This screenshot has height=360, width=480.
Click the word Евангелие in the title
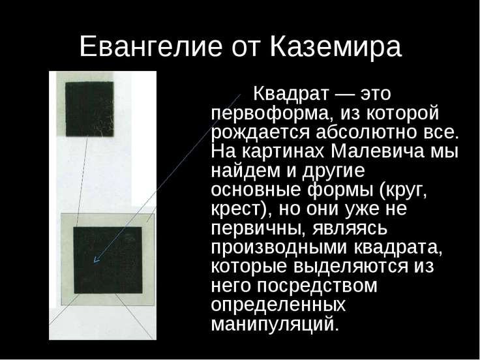(151, 47)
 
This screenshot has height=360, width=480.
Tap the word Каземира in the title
(336, 47)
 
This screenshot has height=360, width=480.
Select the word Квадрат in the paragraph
(291, 93)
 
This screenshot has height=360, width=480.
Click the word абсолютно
(366, 132)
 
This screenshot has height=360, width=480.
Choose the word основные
(256, 190)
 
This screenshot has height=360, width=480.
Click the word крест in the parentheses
(235, 209)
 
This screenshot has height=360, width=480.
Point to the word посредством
(316, 286)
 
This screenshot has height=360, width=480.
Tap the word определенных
(278, 305)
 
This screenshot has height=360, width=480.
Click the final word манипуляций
(275, 324)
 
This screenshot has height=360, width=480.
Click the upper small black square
(89, 109)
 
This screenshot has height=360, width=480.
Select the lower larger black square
(108, 260)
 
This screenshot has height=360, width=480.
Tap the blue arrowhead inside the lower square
(96, 260)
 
